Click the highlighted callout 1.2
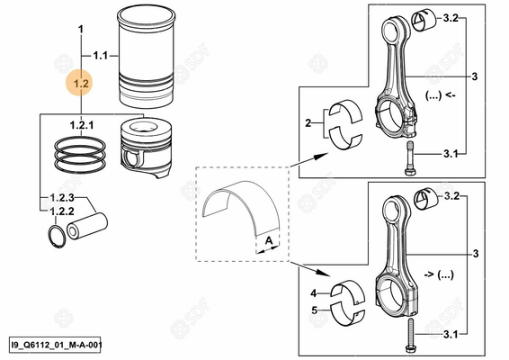pos(81,83)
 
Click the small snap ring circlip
pos(55,235)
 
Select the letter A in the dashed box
pos(268,241)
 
